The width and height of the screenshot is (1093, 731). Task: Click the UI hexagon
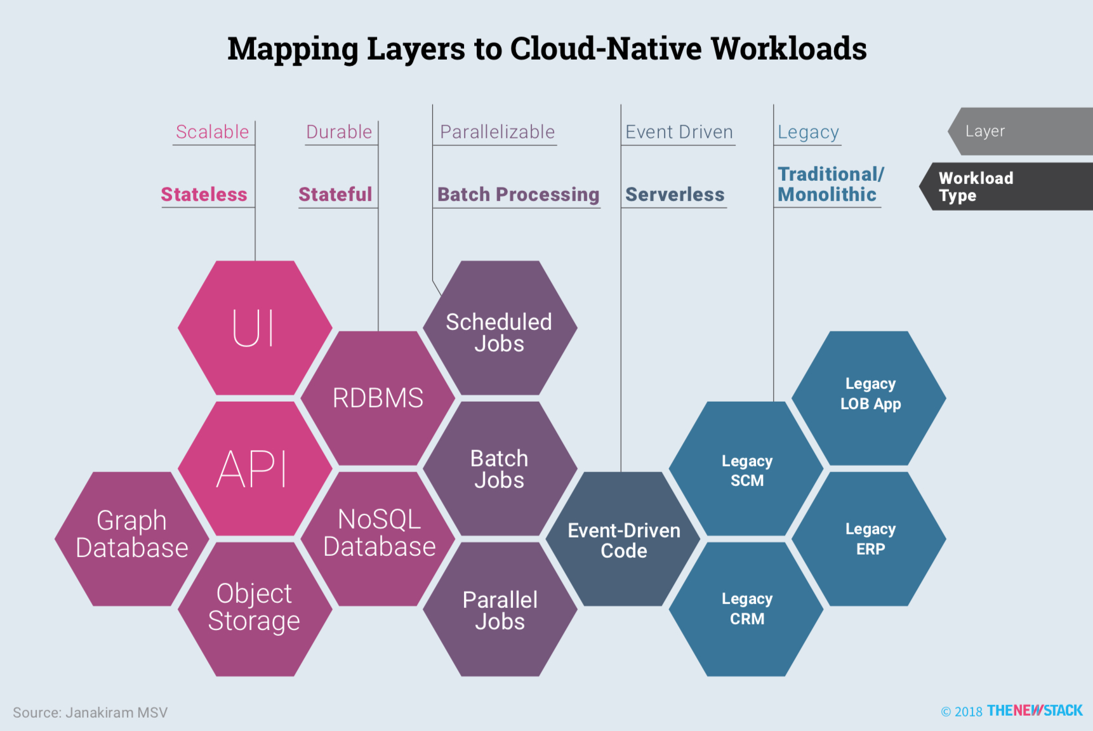coord(255,328)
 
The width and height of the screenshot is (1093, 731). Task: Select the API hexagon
coord(255,469)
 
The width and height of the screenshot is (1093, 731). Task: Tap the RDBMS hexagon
coord(378,398)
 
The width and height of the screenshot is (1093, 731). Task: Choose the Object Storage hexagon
coord(255,609)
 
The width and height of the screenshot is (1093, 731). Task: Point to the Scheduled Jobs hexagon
coord(500,328)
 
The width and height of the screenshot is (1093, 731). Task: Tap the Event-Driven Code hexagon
coord(623,539)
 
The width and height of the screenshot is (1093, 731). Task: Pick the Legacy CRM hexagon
coord(746,609)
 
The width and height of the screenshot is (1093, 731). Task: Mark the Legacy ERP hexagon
coord(870,539)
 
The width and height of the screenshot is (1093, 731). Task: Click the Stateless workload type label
coord(204,194)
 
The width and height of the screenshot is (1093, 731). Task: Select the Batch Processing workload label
coord(518,194)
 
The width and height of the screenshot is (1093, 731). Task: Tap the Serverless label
coord(675,194)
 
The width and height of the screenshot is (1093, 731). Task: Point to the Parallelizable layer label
coord(497,132)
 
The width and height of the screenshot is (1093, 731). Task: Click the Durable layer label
coord(339,132)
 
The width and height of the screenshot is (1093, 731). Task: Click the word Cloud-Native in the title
coord(606,49)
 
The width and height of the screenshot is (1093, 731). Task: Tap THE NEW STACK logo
coord(1035,711)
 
